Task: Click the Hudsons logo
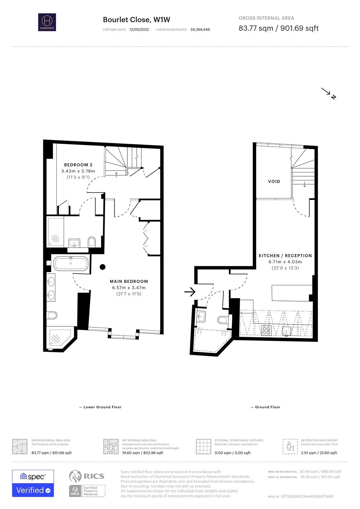[x=47, y=22]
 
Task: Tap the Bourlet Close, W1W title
[x=137, y=20]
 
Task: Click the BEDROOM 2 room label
[x=78, y=165]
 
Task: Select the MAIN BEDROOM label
[x=129, y=281]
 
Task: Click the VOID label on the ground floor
[x=274, y=181]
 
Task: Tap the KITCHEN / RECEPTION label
[x=285, y=256]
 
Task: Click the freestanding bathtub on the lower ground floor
[x=71, y=264]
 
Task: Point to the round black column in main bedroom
[x=102, y=267]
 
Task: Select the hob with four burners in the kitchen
[x=266, y=330]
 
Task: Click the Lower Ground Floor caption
[x=102, y=407]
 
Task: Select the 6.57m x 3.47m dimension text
[x=129, y=288]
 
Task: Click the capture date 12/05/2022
[x=139, y=30]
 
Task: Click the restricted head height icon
[x=290, y=447]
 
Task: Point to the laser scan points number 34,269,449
[x=200, y=30]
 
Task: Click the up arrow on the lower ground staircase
[x=116, y=175]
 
